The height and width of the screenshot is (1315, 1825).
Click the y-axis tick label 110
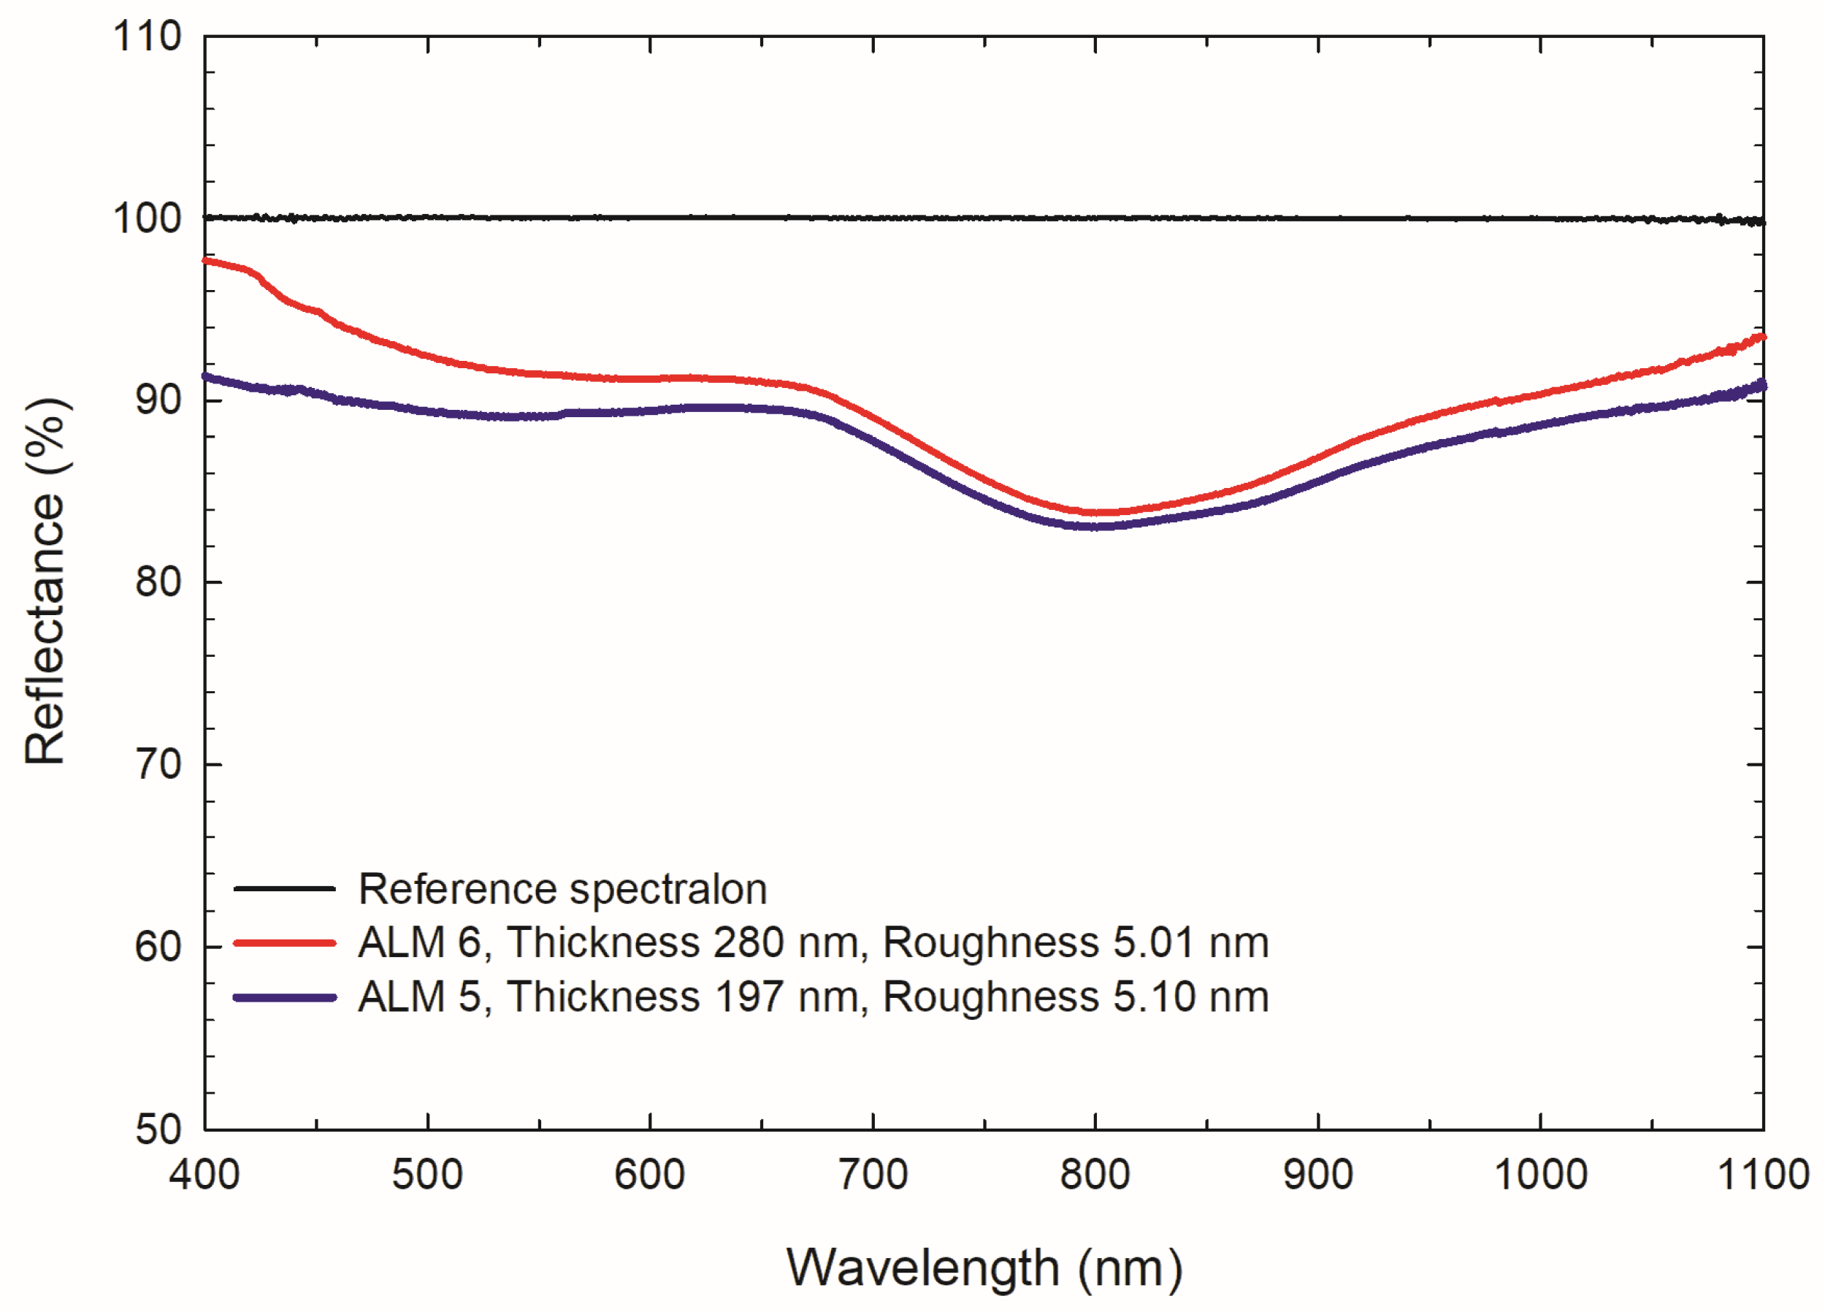click(148, 37)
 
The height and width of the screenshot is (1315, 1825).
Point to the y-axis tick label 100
click(148, 219)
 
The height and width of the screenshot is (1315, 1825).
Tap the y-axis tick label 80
click(158, 582)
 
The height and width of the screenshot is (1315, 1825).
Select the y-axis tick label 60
click(158, 946)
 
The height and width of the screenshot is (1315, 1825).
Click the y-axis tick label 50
click(158, 1129)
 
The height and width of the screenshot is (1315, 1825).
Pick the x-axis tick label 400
click(204, 1175)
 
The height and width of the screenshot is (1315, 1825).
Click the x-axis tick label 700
click(873, 1175)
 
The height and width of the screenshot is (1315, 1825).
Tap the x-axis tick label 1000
click(1540, 1175)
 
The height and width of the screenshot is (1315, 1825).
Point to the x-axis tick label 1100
click(1763, 1175)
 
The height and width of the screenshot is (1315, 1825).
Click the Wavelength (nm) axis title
click(984, 1269)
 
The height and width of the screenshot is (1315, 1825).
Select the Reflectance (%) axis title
click(45, 581)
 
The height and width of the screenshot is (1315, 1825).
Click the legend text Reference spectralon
click(562, 889)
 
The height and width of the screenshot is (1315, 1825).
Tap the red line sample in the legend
click(284, 942)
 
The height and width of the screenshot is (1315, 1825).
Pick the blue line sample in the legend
click(284, 998)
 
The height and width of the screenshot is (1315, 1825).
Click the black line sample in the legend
click(284, 888)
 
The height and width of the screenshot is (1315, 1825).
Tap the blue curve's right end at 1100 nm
click(1761, 386)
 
